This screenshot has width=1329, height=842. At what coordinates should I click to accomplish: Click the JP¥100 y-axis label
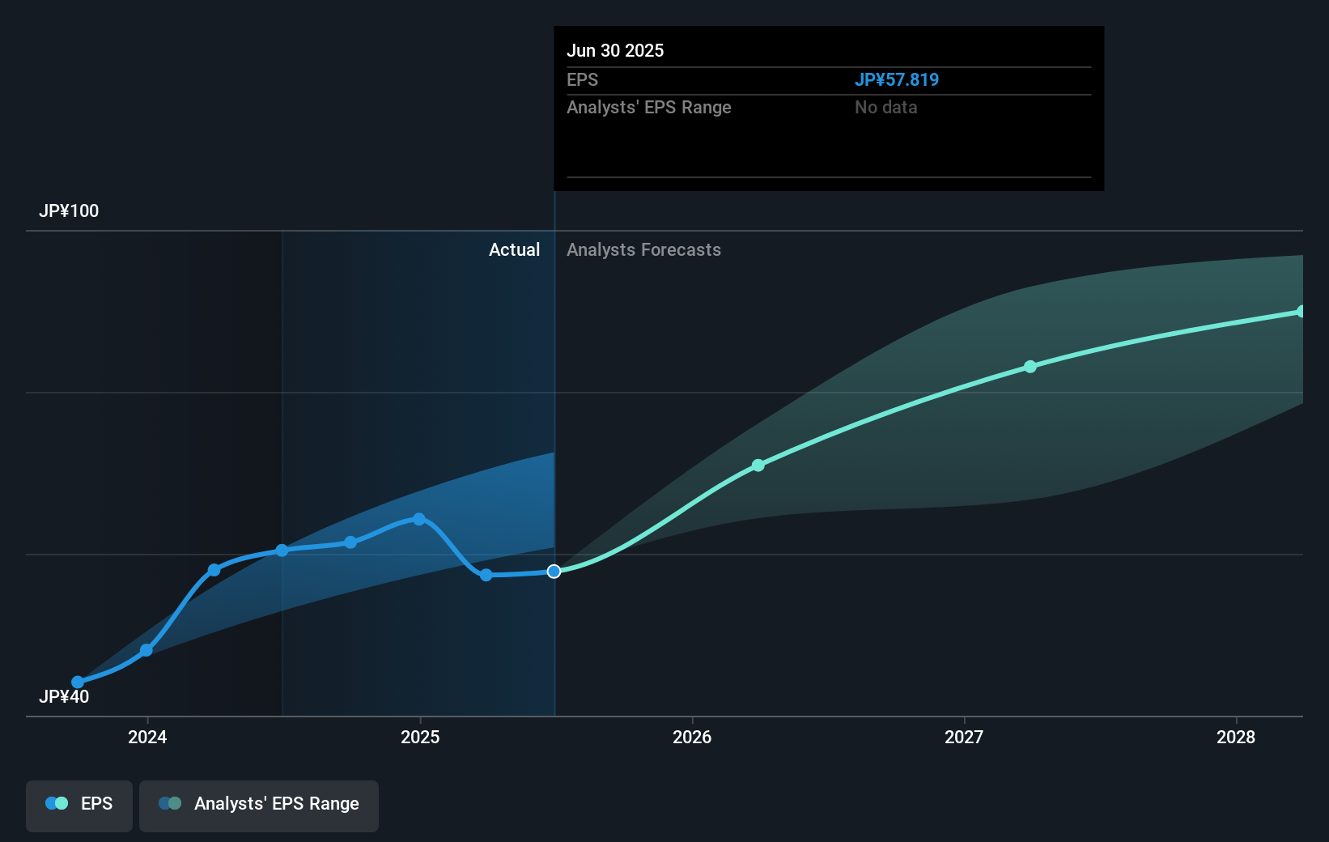[69, 211]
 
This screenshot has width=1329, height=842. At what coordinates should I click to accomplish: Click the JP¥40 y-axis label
[64, 697]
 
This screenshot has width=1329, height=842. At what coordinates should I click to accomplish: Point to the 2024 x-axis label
[147, 737]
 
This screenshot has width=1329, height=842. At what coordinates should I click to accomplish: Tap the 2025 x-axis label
[420, 737]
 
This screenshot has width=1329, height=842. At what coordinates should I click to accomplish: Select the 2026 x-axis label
[692, 737]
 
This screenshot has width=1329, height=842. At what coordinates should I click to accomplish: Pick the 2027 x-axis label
[964, 737]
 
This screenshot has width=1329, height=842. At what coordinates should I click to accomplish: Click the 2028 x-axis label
[1236, 737]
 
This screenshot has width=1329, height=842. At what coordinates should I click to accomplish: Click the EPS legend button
[79, 804]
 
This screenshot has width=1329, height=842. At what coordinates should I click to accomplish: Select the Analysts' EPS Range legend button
[259, 804]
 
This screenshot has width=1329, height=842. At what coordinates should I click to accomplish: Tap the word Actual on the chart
[514, 250]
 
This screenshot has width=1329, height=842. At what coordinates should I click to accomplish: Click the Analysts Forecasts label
[643, 250]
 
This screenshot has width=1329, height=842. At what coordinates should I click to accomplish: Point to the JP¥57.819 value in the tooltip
[897, 80]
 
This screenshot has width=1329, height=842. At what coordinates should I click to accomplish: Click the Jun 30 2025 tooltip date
[615, 51]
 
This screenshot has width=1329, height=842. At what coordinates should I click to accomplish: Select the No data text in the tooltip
[885, 108]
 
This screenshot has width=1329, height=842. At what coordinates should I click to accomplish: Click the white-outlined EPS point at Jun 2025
[554, 572]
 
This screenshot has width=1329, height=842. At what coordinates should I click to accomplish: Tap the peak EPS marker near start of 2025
[419, 519]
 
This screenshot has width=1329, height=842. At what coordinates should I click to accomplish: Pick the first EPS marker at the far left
[78, 683]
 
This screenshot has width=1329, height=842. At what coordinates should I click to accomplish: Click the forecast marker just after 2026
[758, 466]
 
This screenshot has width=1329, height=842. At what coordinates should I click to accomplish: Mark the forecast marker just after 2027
[1030, 367]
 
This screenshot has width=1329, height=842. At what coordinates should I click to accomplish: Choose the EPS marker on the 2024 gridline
[146, 650]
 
